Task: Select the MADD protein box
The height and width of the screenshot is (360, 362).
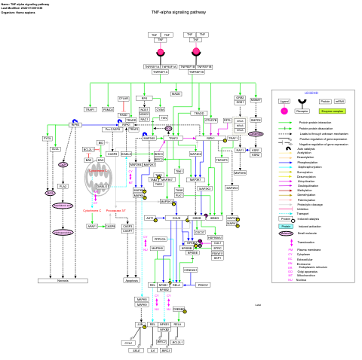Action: tap(176, 94)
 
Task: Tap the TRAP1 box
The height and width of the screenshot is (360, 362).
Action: tap(90, 110)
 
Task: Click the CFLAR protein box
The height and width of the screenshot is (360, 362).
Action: tap(124, 99)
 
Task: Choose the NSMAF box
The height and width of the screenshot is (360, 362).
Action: tap(256, 99)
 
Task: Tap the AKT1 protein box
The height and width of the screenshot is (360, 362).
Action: tap(150, 218)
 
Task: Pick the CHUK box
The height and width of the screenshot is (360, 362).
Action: tap(176, 218)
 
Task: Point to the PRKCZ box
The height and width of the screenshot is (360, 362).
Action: tap(203, 285)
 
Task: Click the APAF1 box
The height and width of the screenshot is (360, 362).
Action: tap(92, 226)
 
